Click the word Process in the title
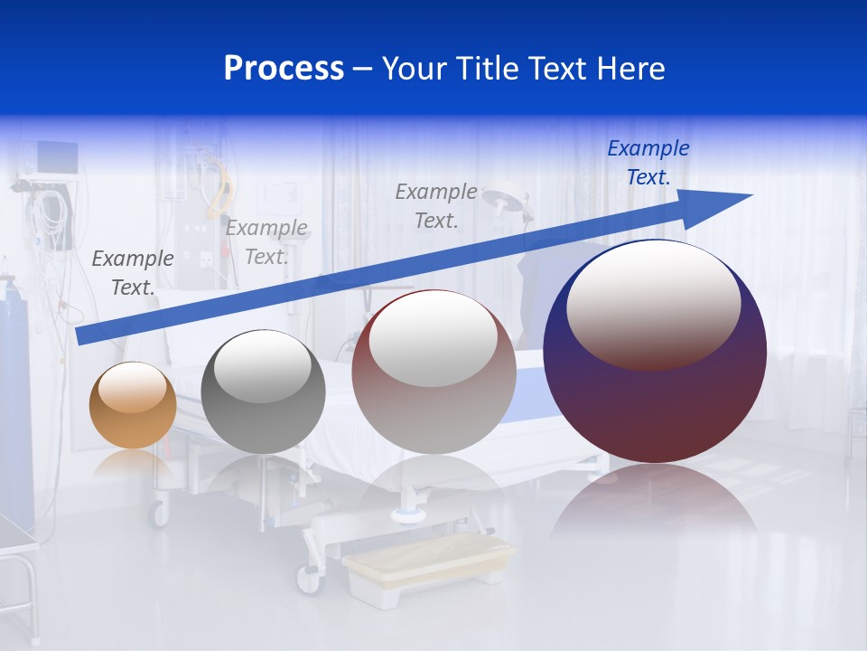284,69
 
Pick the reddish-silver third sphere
433,373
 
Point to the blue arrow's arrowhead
718,205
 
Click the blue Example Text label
648,163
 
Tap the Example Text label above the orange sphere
133,272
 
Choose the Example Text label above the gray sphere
266,241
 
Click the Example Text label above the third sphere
436,205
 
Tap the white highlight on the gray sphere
263,366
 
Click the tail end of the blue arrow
83,335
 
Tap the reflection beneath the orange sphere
133,466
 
